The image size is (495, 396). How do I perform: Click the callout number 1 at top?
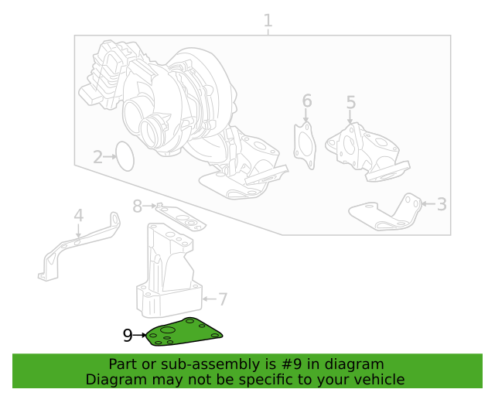[x=268, y=20]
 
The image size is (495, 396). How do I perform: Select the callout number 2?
[x=98, y=158]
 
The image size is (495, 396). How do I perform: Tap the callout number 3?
[x=442, y=204]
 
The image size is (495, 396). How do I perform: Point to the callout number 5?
[x=350, y=103]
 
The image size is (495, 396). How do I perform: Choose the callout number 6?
[x=306, y=101]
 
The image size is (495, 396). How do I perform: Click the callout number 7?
[x=222, y=299]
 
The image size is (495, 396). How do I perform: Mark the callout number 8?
[x=138, y=206]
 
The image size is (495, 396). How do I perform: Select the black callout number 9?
[x=128, y=335]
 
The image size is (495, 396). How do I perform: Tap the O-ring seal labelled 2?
[x=125, y=156]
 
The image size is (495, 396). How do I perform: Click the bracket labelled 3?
[x=387, y=213]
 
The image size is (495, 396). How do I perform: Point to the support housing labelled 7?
[x=170, y=271]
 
